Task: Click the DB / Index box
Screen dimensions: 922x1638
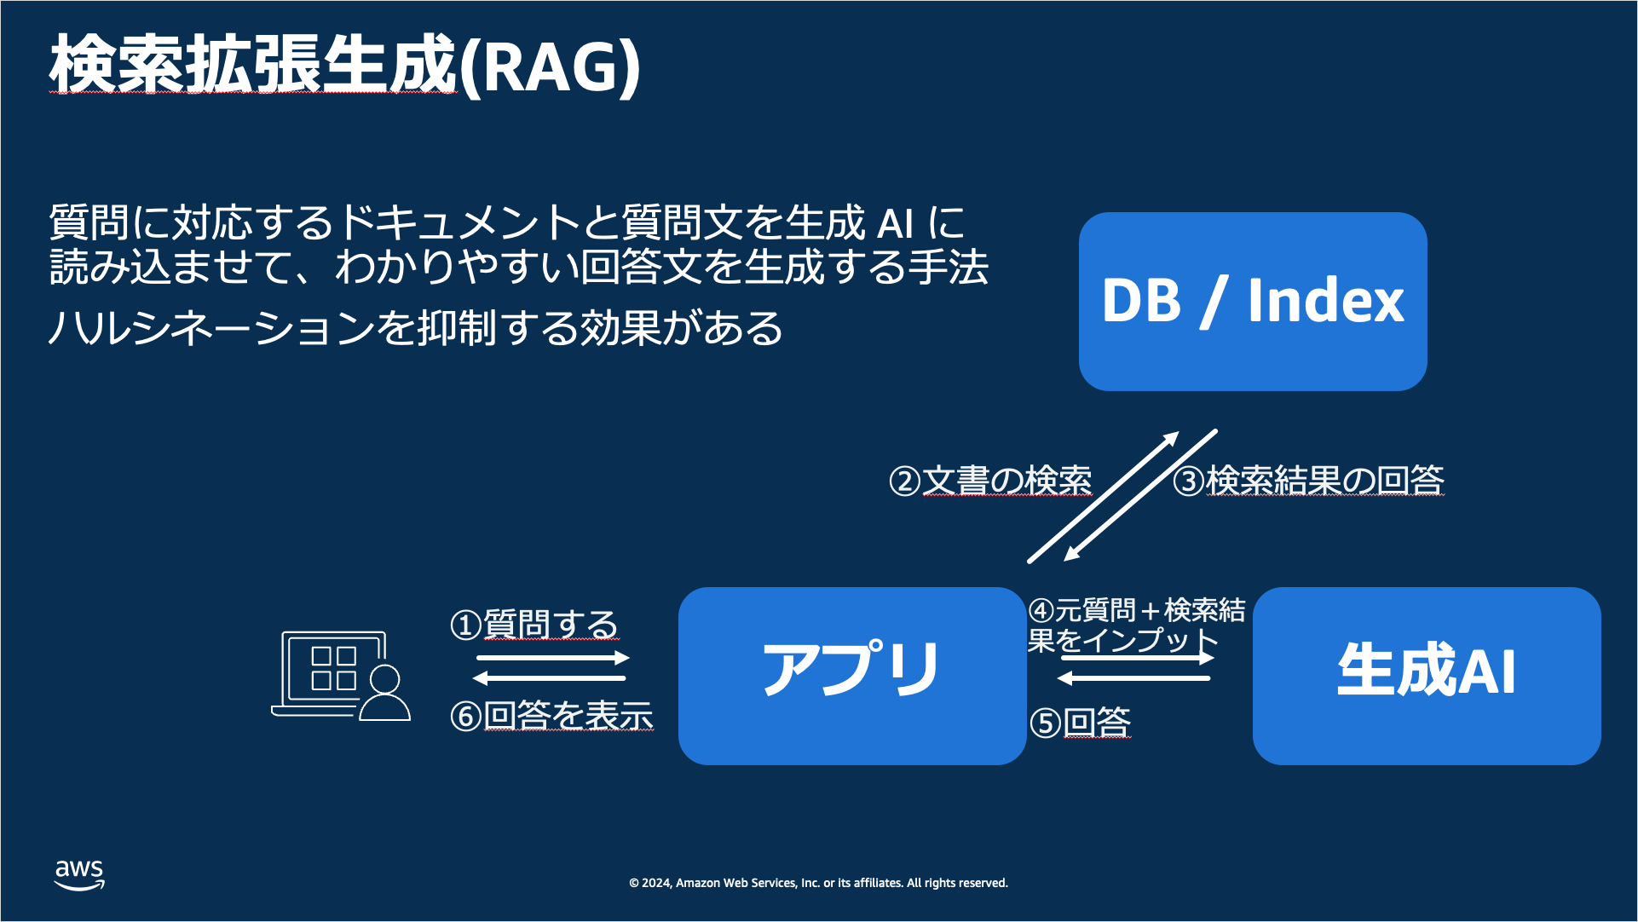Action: (x=1252, y=302)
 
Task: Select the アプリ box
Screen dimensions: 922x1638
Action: (x=851, y=676)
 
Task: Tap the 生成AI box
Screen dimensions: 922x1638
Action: (x=1426, y=676)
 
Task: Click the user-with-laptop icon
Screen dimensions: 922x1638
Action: (x=341, y=676)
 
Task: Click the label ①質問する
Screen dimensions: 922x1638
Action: (x=534, y=625)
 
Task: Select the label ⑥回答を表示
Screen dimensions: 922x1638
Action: (x=551, y=716)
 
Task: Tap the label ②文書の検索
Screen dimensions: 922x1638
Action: (x=989, y=481)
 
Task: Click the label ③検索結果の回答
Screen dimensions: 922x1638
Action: (x=1308, y=481)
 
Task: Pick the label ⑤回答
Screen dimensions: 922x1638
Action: (x=1080, y=723)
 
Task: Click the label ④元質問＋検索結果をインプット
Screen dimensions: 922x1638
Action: (x=1136, y=625)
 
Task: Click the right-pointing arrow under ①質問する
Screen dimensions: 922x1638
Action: (x=552, y=658)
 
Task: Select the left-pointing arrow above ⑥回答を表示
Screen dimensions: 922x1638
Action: (x=550, y=678)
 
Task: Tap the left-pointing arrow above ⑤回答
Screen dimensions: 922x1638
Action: (x=1133, y=678)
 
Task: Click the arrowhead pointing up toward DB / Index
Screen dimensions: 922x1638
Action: (x=1170, y=440)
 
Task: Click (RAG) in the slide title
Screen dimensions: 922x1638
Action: (x=550, y=66)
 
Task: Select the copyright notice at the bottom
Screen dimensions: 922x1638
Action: (x=818, y=883)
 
